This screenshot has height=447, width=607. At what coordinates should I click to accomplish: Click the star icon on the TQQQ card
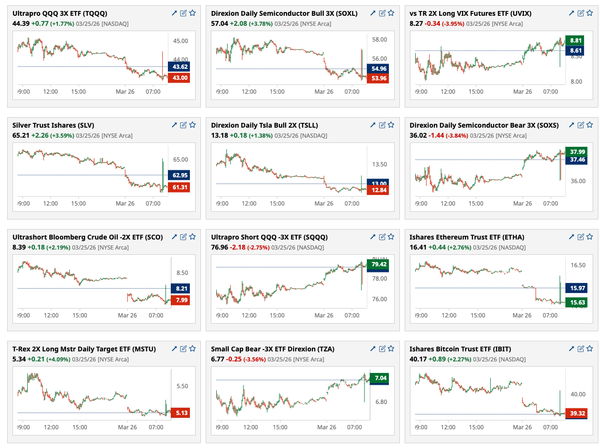[x=192, y=13]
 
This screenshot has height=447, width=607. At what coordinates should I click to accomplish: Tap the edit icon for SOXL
[x=382, y=13]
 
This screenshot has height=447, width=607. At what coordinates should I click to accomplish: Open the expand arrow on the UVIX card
[x=571, y=13]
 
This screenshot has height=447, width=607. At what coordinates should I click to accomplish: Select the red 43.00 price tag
[x=180, y=77]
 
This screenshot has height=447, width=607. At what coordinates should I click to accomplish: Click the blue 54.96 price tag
[x=377, y=68]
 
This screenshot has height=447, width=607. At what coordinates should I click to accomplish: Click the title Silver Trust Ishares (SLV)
[x=53, y=125]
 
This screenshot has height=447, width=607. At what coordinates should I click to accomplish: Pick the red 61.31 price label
[x=180, y=187]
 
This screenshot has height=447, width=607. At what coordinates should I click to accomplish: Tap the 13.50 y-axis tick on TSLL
[x=379, y=164]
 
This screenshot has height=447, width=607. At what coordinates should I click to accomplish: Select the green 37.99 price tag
[x=576, y=152]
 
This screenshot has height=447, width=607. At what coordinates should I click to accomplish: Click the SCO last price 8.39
[x=19, y=247]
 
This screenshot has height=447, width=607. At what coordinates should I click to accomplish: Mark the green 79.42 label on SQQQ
[x=377, y=264]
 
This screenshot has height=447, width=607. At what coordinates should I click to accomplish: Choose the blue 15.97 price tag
[x=576, y=288]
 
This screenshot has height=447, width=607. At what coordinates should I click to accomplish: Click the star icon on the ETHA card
[x=590, y=237]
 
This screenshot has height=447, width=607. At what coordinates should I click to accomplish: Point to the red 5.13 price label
[x=180, y=413]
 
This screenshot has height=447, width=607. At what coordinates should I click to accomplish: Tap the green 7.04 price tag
[x=378, y=377]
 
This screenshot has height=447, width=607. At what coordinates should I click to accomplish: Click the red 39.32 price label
[x=576, y=413]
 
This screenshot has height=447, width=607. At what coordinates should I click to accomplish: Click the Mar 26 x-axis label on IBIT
[x=522, y=427]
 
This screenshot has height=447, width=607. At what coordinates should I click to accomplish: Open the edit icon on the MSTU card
[x=183, y=349]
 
